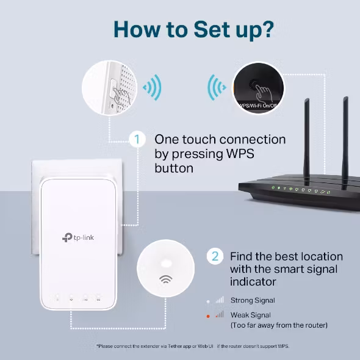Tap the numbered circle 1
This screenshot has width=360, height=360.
point(138,139)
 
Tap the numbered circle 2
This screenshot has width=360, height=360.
point(214,256)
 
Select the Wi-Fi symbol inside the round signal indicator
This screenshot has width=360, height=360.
point(165,279)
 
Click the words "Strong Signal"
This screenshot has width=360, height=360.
point(252,300)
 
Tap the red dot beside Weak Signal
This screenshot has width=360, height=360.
point(207,315)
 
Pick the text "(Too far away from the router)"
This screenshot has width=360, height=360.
point(278,325)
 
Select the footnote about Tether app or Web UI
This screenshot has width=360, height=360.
point(192,346)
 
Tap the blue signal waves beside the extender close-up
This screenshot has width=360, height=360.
point(152,88)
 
